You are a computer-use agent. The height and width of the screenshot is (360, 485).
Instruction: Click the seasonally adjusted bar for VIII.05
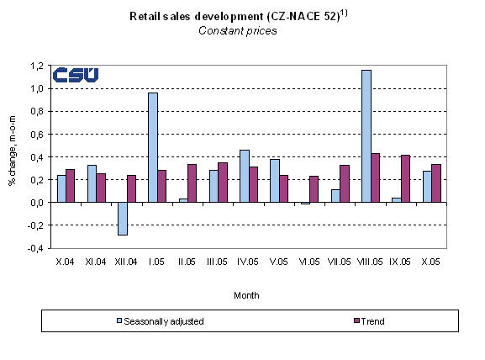pyautogui.click(x=366, y=136)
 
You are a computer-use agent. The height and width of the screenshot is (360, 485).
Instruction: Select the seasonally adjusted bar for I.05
pyautogui.click(x=153, y=147)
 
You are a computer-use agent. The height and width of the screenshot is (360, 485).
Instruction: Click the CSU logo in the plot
pyautogui.click(x=75, y=75)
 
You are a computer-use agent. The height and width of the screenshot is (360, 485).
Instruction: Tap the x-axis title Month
pyautogui.click(x=245, y=295)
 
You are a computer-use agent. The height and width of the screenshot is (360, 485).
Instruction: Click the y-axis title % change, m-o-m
pyautogui.click(x=13, y=156)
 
